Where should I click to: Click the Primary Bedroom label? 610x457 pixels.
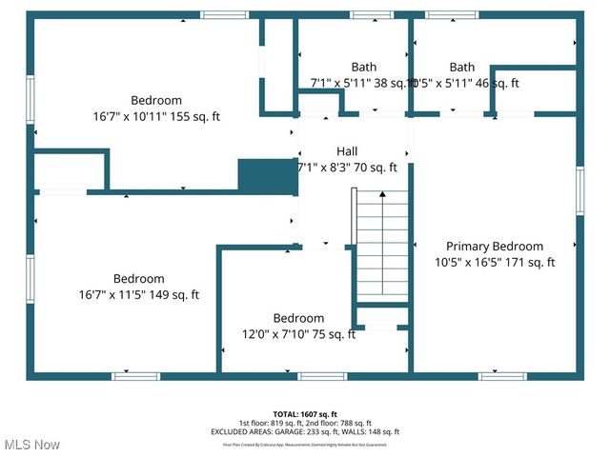(495, 246)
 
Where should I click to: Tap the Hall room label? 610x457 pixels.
(347, 151)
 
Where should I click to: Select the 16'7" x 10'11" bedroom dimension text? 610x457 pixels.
(156, 116)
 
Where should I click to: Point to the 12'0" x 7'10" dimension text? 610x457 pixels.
(298, 334)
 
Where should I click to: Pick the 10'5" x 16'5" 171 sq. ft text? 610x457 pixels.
(495, 262)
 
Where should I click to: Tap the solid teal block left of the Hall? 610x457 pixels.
(267, 176)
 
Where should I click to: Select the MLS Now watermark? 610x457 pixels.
(30, 445)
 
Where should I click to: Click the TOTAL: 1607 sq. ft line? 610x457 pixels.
(305, 414)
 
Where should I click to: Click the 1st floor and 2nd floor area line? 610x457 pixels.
(305, 423)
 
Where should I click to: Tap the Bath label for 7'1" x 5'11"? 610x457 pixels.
(363, 67)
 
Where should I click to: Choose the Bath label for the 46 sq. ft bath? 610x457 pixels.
(462, 67)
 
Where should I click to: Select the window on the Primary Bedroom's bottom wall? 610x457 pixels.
(502, 376)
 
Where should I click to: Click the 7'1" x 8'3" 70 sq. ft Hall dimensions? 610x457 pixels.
(354, 168)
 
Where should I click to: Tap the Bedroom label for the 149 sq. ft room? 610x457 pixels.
(139, 279)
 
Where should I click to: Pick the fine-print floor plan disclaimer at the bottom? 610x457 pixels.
(305, 444)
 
